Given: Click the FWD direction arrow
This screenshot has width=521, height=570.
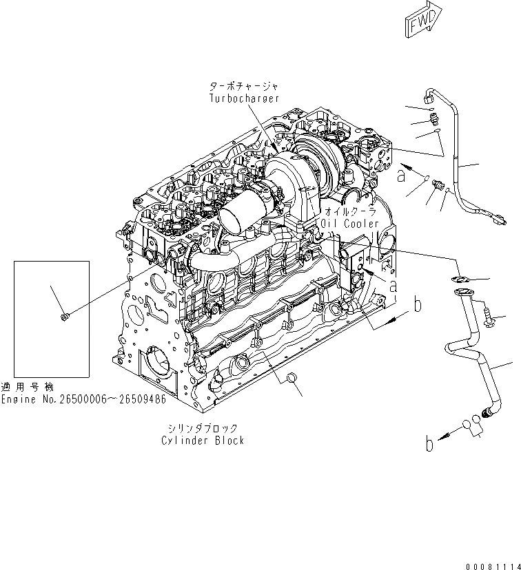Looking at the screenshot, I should coord(419,23).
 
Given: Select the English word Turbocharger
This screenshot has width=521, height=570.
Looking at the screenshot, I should coord(244,98).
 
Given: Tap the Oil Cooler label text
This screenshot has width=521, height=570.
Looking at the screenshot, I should coord(351,224).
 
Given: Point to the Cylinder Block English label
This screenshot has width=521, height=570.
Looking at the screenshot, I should coord(203,440).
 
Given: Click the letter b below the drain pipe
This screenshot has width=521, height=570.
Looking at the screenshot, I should coord(430,445).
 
